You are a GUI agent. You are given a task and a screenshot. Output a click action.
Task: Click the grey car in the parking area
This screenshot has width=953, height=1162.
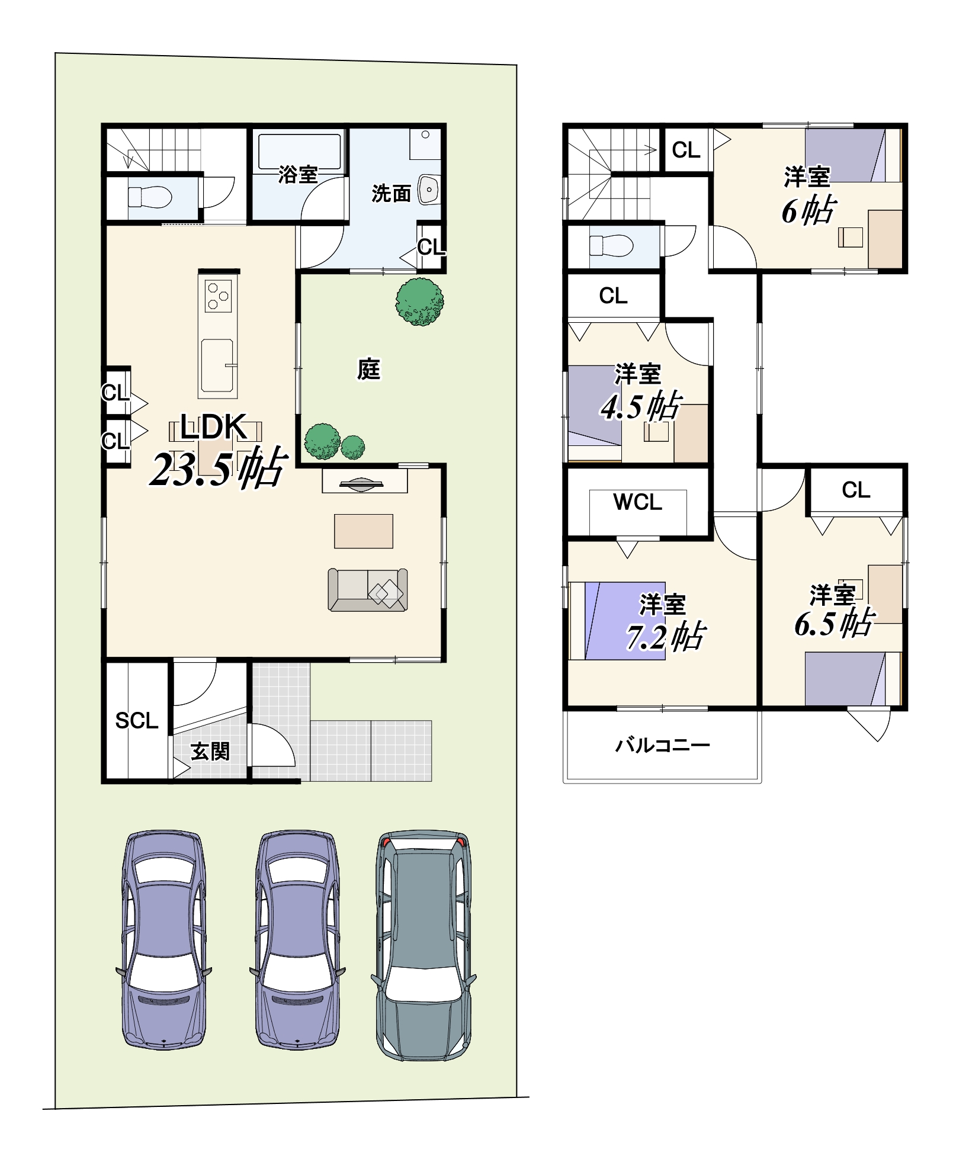tap(423, 945)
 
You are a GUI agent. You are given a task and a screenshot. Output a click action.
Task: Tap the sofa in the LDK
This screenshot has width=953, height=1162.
tap(368, 590)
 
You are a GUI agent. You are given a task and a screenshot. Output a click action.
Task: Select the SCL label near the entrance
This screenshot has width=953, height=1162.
tap(137, 721)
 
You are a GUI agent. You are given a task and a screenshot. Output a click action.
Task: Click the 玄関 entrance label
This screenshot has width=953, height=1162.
tap(210, 752)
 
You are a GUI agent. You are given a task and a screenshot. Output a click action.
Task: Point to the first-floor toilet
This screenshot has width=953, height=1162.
tap(150, 197)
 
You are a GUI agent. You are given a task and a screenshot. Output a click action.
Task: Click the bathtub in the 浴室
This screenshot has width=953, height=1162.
tap(300, 152)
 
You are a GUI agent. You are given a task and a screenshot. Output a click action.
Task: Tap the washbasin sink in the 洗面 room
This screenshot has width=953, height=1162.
tap(428, 190)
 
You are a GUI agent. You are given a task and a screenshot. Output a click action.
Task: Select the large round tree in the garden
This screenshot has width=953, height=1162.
tap(419, 302)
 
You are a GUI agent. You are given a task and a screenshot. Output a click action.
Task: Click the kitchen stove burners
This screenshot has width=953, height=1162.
tap(218, 296)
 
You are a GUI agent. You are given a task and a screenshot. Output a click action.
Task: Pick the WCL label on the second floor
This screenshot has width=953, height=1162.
tap(638, 502)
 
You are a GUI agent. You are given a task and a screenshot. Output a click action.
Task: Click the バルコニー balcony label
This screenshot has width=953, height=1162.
tap(662, 745)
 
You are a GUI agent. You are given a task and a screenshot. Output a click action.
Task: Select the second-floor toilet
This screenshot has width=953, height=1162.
tap(612, 245)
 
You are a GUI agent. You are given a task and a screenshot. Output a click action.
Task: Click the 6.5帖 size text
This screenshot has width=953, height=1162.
tap(834, 623)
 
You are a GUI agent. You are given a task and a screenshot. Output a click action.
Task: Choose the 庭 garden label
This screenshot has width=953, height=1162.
tap(368, 369)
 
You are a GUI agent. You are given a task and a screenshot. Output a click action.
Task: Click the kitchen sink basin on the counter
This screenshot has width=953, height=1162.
tap(217, 365)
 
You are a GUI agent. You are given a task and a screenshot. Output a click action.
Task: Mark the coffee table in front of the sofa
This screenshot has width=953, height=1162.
tap(364, 531)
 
